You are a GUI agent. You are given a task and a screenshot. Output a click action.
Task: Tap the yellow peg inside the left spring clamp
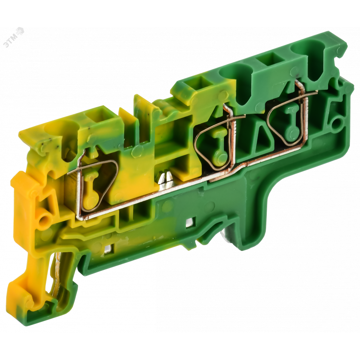point(88,193)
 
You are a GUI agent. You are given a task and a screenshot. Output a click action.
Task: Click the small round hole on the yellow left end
point(44,221)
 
